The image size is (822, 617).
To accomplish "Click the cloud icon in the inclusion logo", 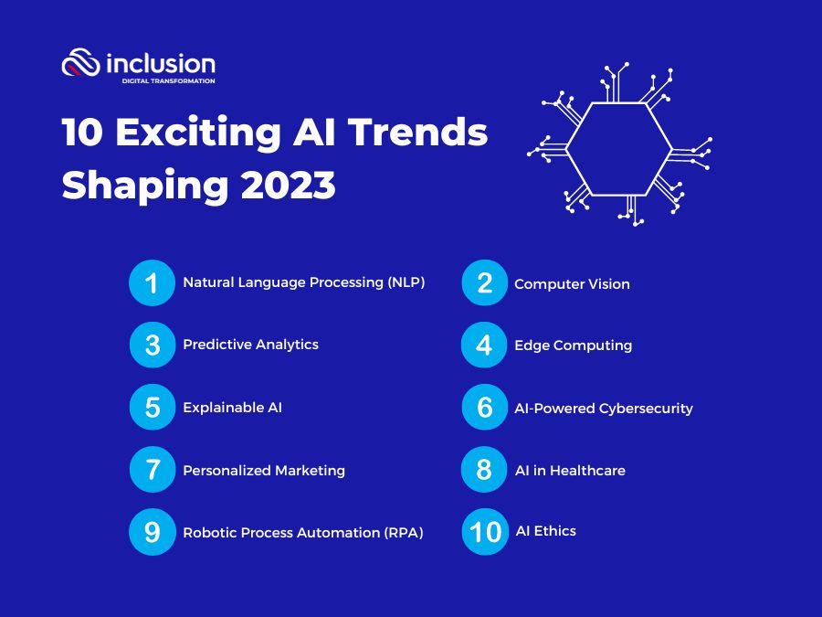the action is coord(80,62).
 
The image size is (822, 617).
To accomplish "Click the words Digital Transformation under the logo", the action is coord(168,80).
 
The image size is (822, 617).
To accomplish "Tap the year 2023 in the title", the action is coord(288,185).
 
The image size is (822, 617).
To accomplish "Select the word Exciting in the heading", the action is coord(198,133).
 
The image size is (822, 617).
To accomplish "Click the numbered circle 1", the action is coord(152,282).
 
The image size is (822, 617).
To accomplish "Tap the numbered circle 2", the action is coord(485,282).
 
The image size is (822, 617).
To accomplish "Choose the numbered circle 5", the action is coord(152,407).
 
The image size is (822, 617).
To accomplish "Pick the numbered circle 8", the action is coord(484,469).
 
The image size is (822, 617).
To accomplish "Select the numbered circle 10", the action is coord(485,531).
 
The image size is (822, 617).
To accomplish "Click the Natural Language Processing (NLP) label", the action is coord(304,282).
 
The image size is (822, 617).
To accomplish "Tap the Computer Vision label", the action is coord(572,284).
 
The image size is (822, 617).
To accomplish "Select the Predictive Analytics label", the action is coord(250,345).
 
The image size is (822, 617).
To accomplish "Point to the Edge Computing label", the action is coord(574,346).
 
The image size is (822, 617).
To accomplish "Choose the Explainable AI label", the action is coord(232,407).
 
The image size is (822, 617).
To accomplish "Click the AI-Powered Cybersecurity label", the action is coord(604,409).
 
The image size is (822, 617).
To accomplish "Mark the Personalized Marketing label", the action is coord(264,470).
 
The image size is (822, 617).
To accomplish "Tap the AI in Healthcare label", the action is coord(570,470).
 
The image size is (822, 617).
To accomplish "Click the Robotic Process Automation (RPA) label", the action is coord(303,533).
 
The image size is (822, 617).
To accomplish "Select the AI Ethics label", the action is coord(546,531).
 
